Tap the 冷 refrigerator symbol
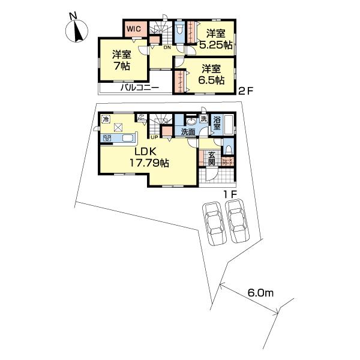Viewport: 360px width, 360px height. tap(106, 119)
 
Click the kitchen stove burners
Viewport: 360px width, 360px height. tap(107, 139)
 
